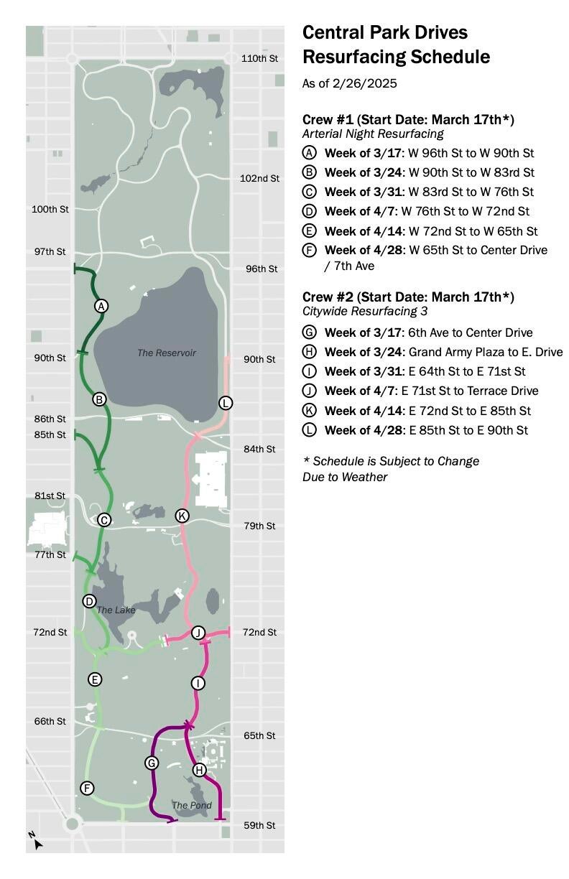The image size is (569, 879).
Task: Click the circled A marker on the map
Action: (101, 306)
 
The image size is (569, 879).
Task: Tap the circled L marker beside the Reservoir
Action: (226, 403)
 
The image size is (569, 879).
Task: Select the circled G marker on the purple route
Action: (152, 763)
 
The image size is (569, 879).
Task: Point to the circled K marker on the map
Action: (182, 516)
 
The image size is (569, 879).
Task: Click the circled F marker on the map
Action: (87, 788)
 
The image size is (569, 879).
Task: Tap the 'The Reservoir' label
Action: (167, 353)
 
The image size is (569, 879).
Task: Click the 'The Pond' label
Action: (192, 805)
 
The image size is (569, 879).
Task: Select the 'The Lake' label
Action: (116, 610)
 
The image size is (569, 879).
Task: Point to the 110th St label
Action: (259, 58)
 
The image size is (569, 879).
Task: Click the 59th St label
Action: (259, 825)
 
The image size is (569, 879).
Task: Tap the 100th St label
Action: (50, 209)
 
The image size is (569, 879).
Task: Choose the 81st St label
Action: (50, 496)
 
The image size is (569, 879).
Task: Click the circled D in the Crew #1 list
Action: (310, 211)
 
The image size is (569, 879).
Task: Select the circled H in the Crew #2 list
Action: (310, 352)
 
